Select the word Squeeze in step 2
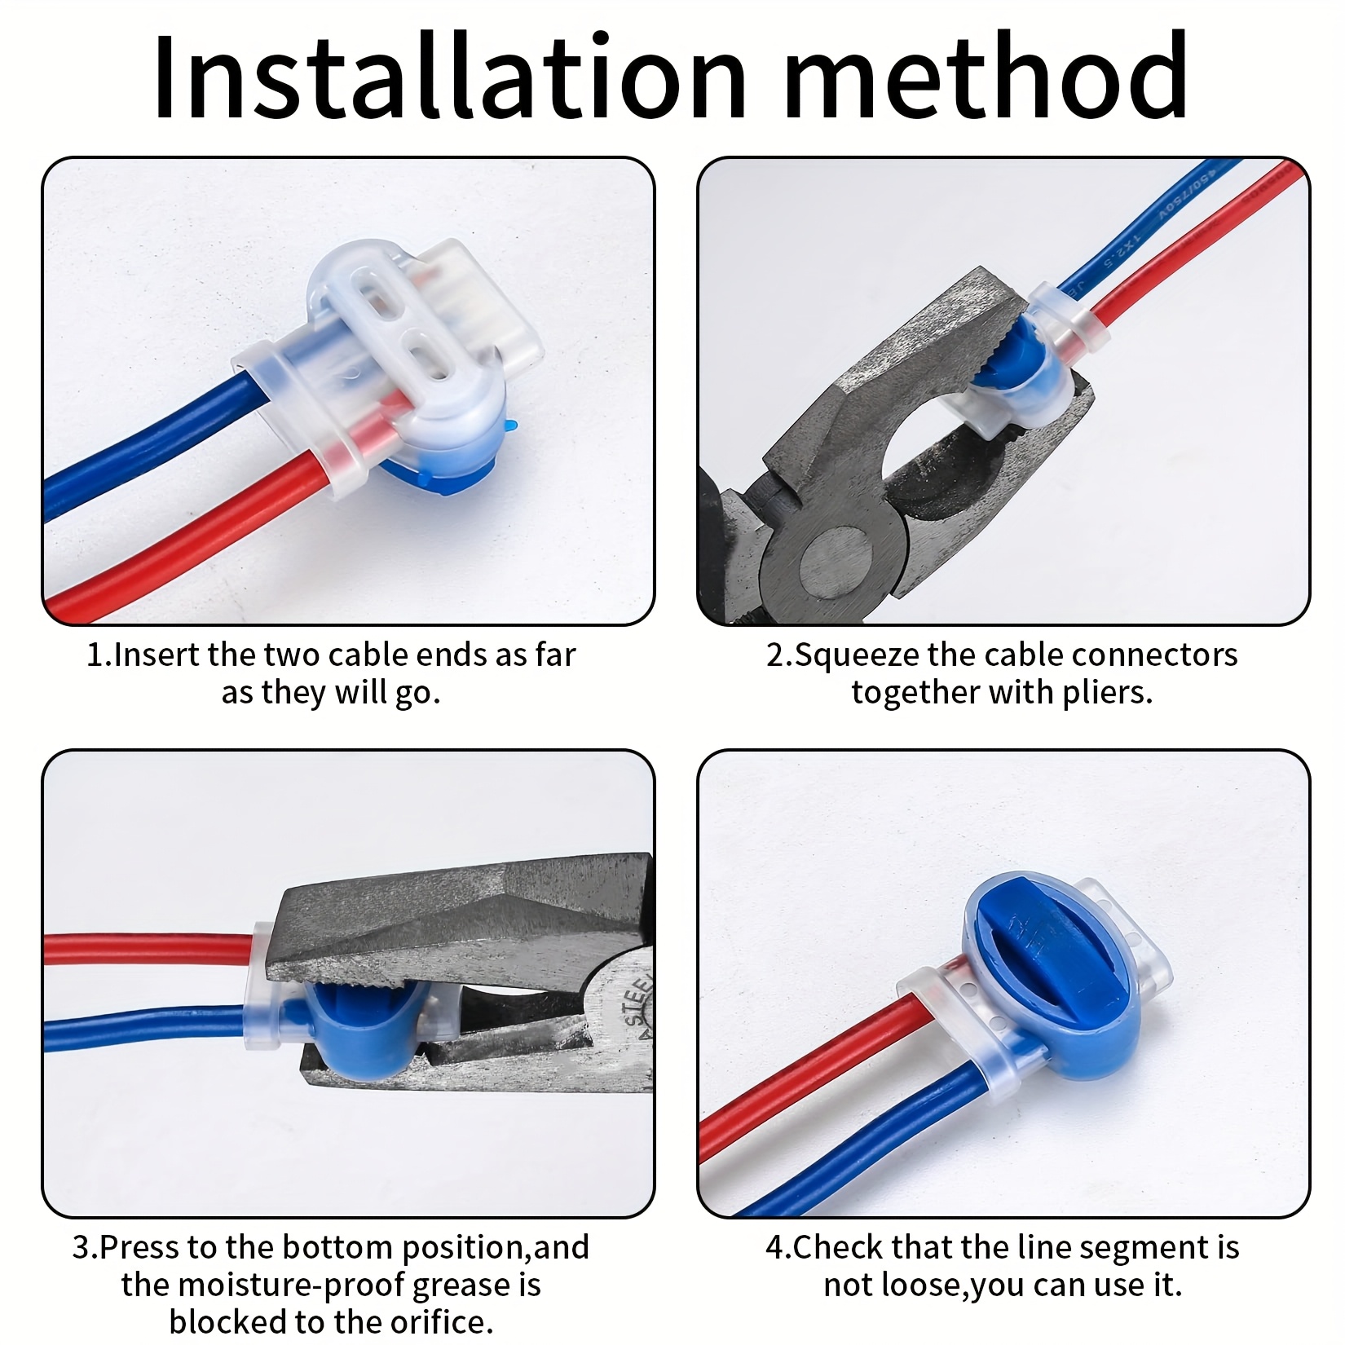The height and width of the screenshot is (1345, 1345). pos(856,655)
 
